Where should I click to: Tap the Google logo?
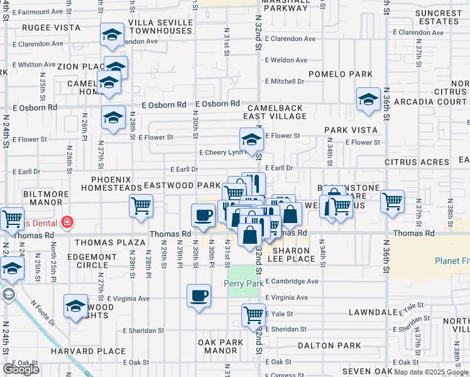tap(21, 369)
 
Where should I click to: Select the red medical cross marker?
tap(67, 222)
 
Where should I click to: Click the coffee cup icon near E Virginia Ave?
tap(199, 295)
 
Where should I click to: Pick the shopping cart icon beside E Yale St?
tap(254, 314)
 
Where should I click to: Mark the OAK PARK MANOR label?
tap(220, 347)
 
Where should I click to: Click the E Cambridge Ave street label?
tap(292, 281)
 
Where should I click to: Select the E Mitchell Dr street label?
tap(284, 81)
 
